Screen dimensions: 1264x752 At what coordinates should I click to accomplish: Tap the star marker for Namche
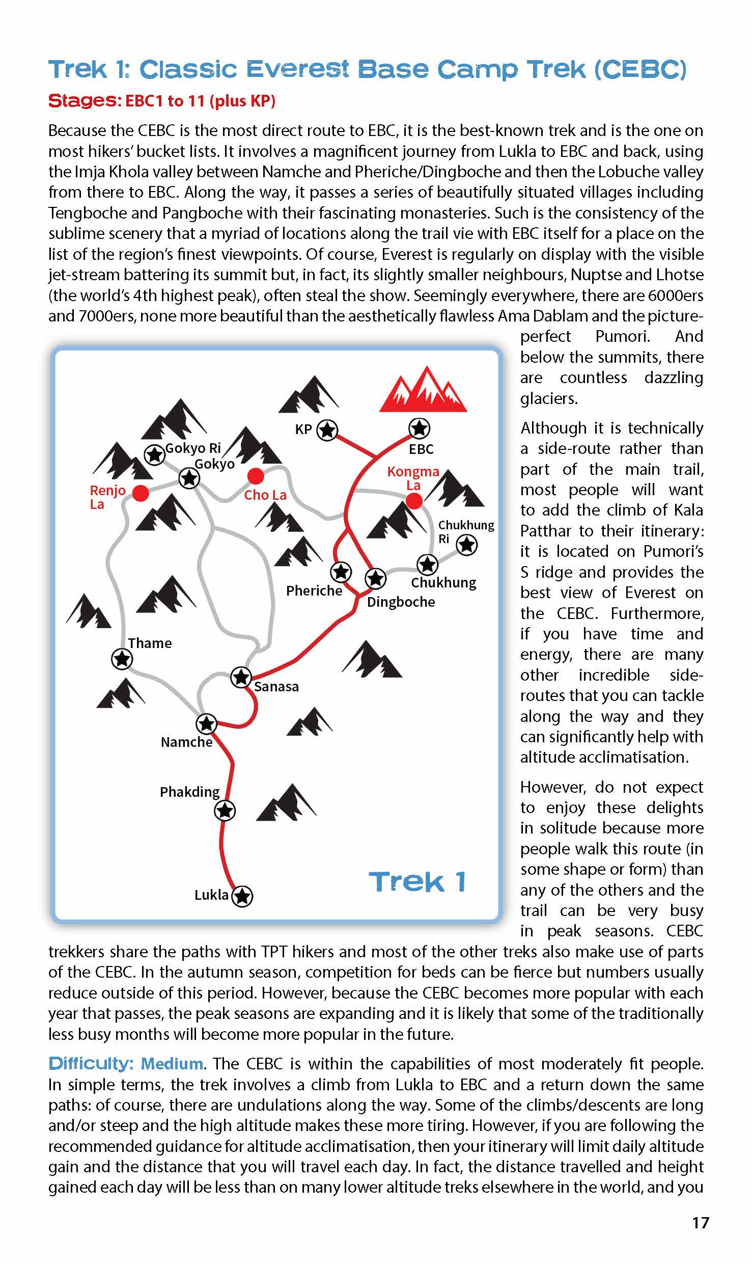point(206,723)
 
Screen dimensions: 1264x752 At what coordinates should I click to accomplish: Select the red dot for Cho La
point(256,476)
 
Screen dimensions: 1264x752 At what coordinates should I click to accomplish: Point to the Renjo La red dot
point(141,493)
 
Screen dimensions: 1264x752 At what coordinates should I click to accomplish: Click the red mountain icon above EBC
point(423,390)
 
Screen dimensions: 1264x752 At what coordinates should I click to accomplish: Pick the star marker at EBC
point(419,428)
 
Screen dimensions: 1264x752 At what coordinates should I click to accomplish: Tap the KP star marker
point(327,430)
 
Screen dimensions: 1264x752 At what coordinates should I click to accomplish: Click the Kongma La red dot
point(414,501)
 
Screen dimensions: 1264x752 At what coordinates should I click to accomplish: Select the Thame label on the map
point(150,643)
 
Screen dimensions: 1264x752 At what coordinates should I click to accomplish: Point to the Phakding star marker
point(225,810)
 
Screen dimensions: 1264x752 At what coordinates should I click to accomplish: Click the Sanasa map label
point(276,687)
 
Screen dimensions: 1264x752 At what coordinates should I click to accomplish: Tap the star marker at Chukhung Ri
point(466,545)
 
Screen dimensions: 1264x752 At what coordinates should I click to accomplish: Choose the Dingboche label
point(401,602)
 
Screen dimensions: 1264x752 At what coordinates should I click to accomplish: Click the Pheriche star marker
point(341,572)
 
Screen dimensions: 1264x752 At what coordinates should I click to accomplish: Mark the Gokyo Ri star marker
point(154,454)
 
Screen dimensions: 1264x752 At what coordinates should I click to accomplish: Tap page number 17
point(701,1223)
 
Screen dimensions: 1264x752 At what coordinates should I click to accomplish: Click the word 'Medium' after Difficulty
point(172,1064)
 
